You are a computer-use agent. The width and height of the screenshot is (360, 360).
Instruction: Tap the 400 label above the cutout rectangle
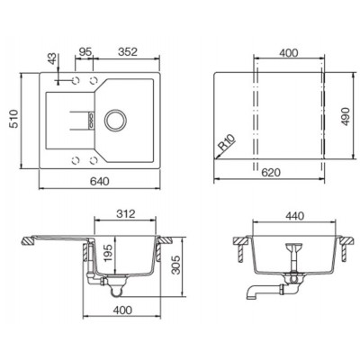pyautogui.click(x=288, y=55)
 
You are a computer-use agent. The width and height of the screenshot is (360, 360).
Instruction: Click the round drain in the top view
pyautogui.click(x=115, y=119)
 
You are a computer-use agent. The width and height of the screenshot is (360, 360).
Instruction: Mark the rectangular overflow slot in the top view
pyautogui.click(x=88, y=119)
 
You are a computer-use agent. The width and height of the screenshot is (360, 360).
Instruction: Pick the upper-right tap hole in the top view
pyautogui.click(x=92, y=81)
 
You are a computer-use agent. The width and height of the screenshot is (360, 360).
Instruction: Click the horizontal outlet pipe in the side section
pyautogui.click(x=256, y=290)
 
